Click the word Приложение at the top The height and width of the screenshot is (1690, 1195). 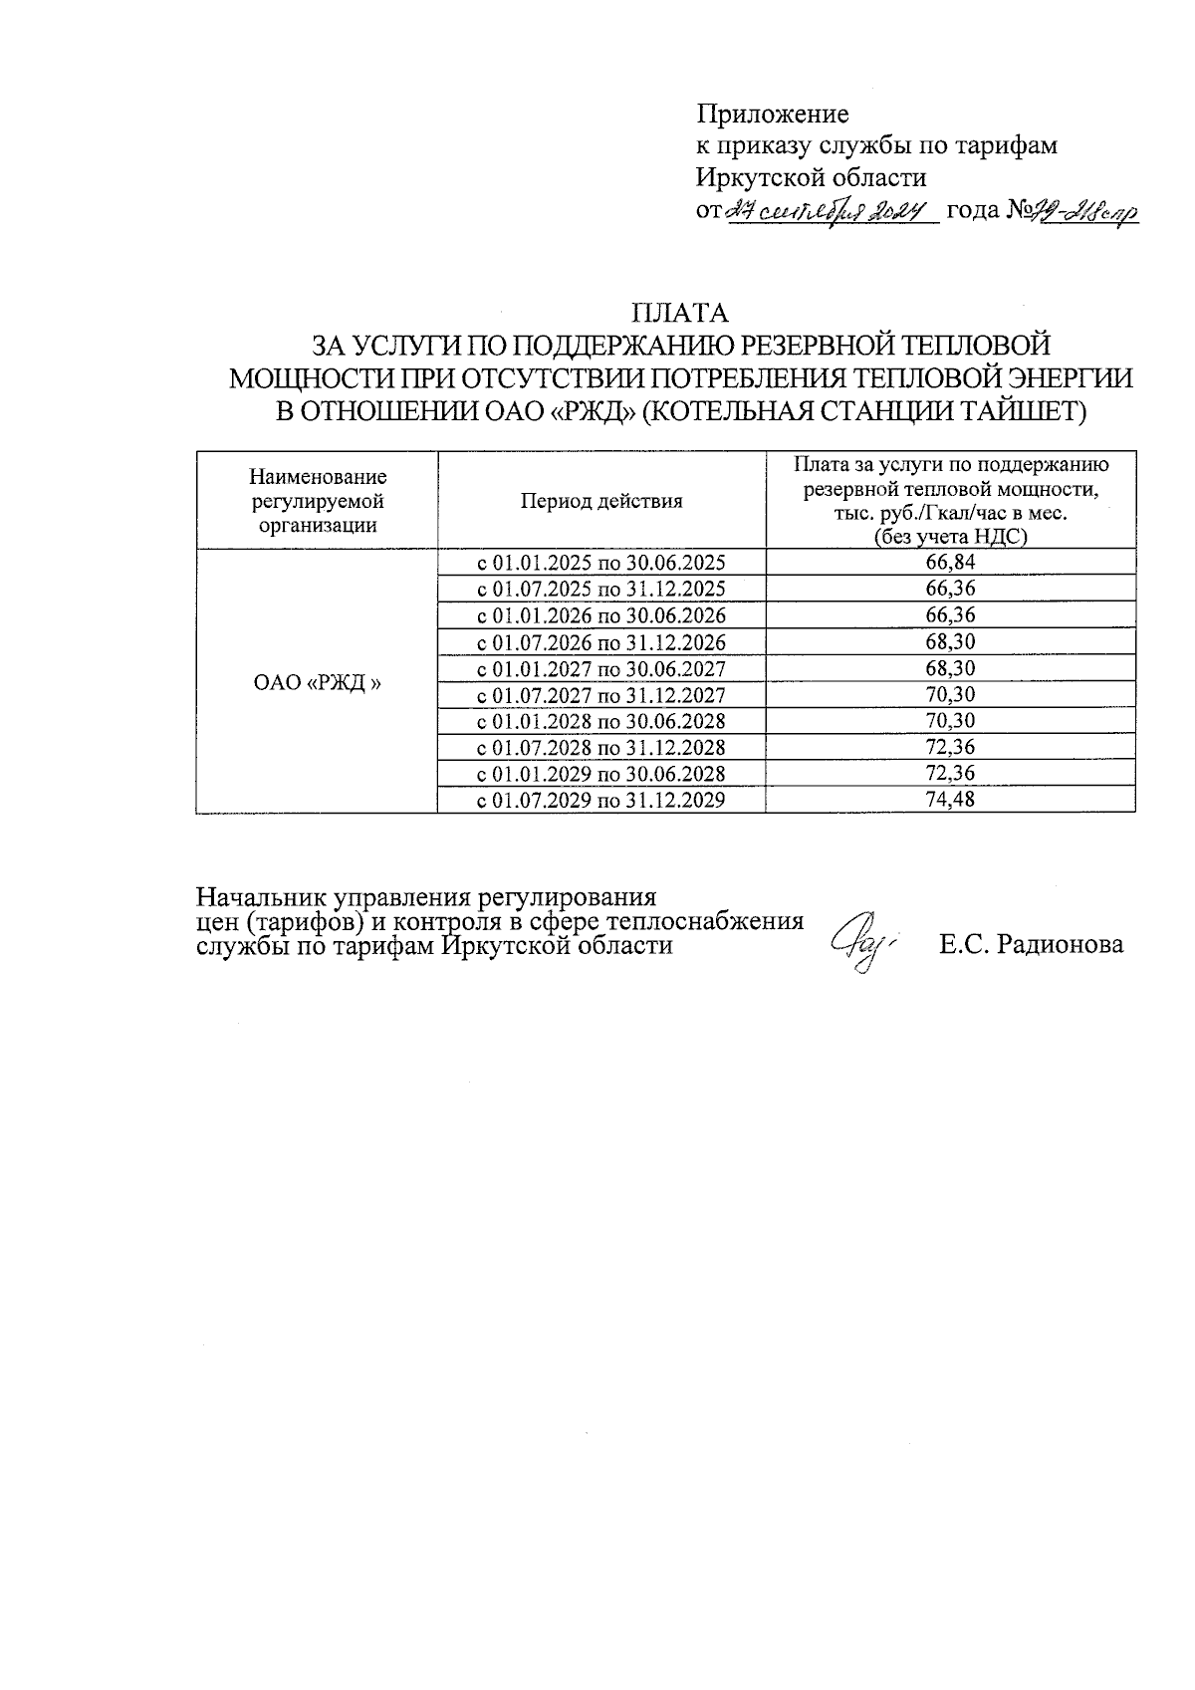coord(772,113)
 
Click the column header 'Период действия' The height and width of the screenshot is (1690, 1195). coord(601,501)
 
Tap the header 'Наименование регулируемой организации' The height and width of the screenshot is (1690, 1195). coord(318,501)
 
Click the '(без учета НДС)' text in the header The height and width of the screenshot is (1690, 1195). coord(950,537)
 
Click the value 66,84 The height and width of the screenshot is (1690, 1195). coord(950,563)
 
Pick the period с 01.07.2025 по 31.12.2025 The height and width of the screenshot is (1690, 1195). coord(601,589)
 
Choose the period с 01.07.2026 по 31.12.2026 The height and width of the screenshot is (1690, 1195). coord(601,642)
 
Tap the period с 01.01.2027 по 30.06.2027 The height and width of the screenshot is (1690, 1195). coord(601,668)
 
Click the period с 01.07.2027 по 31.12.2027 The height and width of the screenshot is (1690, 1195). coord(601,695)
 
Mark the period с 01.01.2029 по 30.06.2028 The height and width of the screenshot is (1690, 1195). coord(601,774)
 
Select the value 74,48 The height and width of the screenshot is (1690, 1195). coord(950,800)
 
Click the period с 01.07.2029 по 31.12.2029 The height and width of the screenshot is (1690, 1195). coord(601,800)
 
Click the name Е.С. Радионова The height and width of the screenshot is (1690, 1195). coord(1032,945)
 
